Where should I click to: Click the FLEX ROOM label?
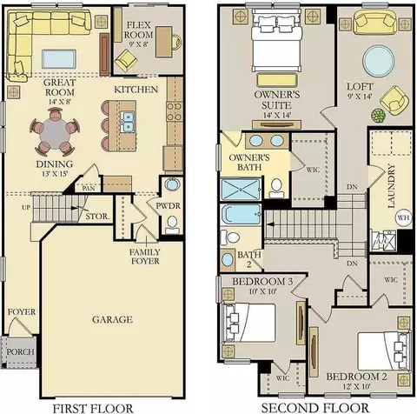tap(139, 30)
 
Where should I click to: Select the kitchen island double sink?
tap(129, 122)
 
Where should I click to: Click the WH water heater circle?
tap(403, 217)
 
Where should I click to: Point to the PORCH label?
tap(20, 352)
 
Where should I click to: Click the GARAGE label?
tap(112, 319)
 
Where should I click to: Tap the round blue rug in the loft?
tap(378, 61)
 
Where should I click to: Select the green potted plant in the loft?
tap(378, 116)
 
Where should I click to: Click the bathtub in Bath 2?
tap(242, 215)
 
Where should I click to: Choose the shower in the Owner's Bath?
tap(241, 190)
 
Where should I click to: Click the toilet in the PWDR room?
tap(172, 224)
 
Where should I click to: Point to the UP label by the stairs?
tap(26, 208)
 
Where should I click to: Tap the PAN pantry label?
tap(89, 189)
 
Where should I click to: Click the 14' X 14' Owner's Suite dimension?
tap(277, 115)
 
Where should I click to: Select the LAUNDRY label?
tap(391, 186)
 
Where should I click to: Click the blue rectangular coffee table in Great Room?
tap(59, 59)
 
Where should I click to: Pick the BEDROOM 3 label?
tap(262, 282)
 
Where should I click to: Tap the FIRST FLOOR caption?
tap(92, 409)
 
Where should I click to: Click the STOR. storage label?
tap(97, 217)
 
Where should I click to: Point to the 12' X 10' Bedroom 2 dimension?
tap(356, 386)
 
